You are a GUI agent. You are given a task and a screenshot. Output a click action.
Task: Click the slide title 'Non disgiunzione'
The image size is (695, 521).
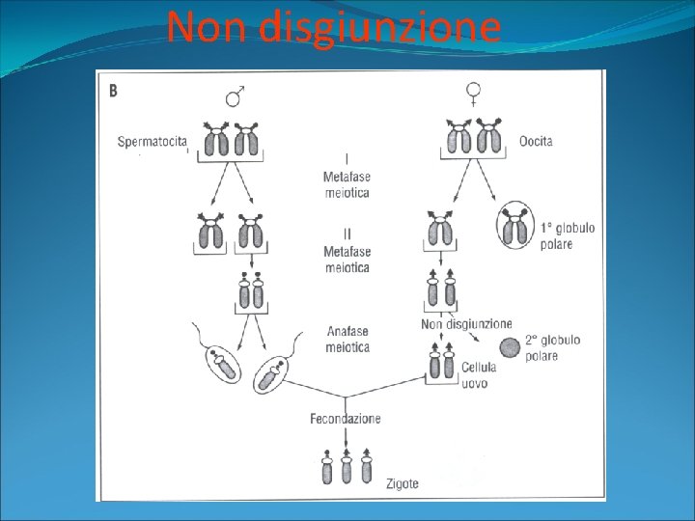[333, 27]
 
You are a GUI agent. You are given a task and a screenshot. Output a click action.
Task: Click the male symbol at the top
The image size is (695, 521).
[235, 96]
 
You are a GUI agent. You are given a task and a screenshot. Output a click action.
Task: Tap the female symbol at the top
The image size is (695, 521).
[474, 94]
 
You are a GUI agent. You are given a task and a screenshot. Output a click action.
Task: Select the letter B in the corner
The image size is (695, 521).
[114, 91]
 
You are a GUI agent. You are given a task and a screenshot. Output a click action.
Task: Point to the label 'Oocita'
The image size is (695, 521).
[536, 142]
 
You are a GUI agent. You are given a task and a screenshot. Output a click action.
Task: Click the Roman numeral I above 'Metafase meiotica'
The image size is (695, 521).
[347, 158]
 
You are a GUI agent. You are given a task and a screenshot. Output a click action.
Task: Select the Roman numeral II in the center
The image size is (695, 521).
[347, 233]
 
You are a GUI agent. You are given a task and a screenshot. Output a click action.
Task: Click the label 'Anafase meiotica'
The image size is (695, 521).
[347, 339]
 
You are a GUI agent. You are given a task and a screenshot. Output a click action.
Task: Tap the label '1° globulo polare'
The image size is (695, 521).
[567, 235]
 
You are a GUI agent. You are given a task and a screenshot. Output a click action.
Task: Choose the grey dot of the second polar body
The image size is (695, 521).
[508, 348]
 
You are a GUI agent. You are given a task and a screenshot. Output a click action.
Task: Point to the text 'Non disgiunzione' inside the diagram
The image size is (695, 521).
[466, 324]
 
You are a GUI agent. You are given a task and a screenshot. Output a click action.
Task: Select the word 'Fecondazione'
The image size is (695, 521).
[345, 419]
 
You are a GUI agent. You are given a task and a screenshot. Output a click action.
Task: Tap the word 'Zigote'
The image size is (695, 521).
[402, 483]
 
